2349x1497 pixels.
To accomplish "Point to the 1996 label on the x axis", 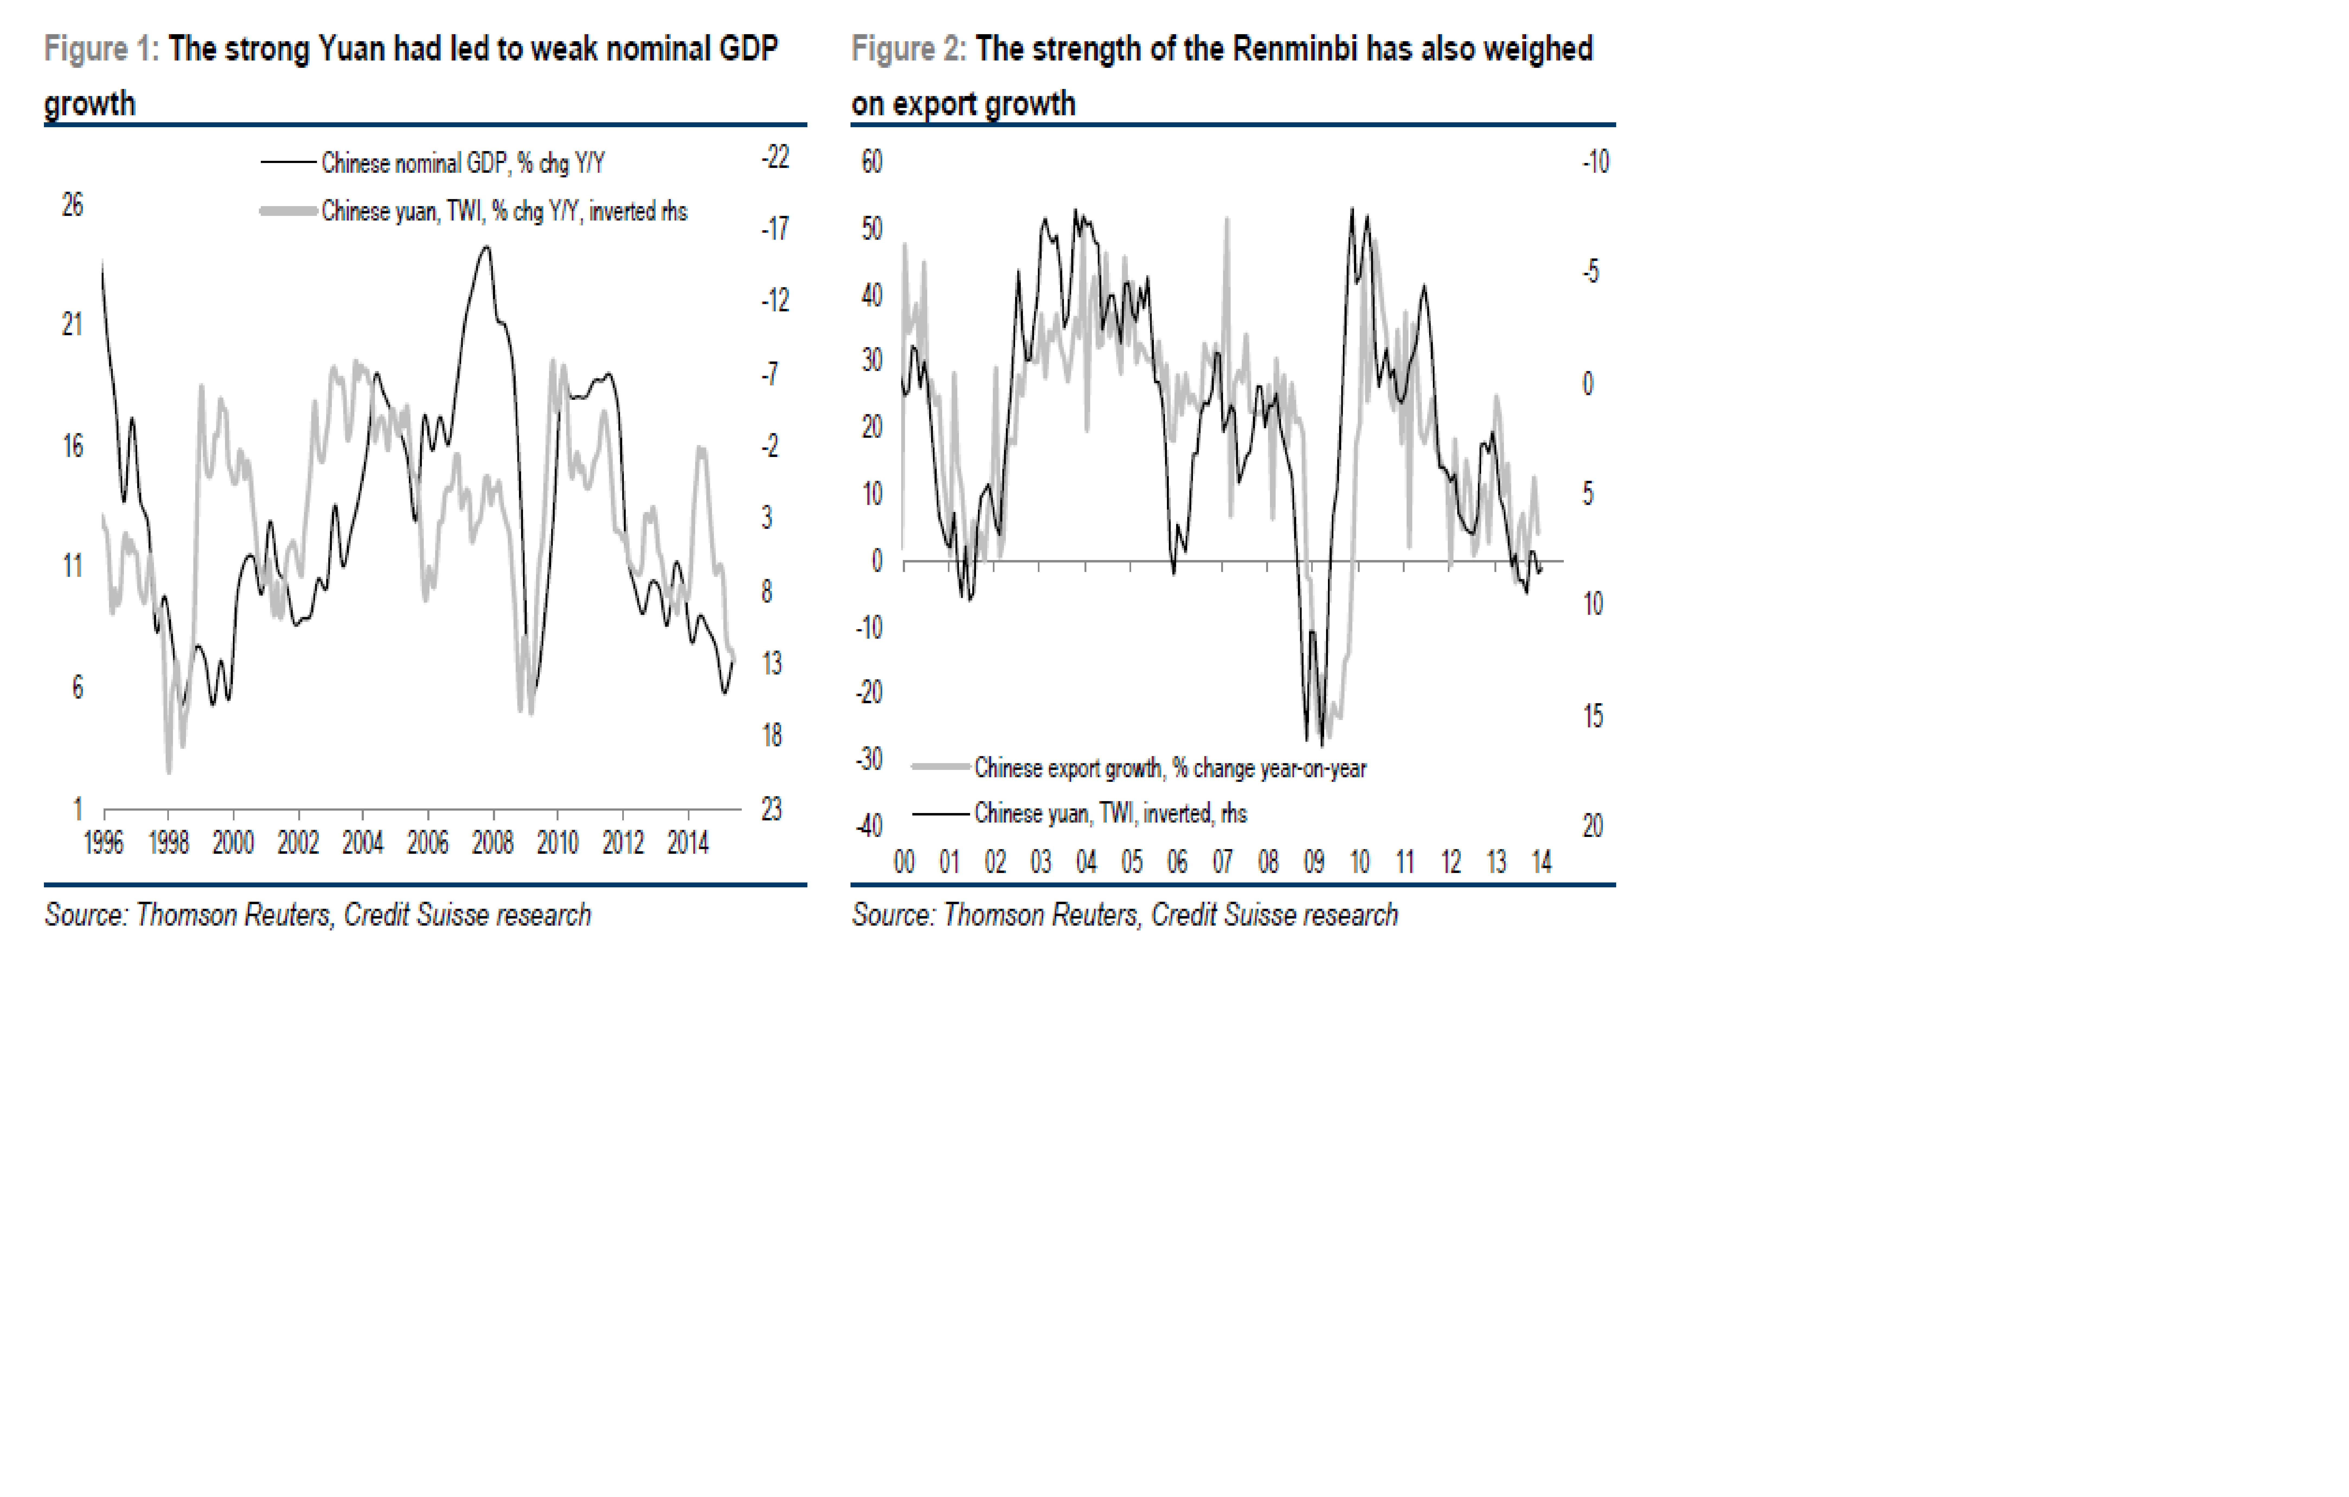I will pyautogui.click(x=103, y=842).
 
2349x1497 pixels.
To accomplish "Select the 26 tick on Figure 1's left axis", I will pyautogui.click(x=72, y=205).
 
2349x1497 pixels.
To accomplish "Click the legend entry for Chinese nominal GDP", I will pyautogui.click(x=462, y=163).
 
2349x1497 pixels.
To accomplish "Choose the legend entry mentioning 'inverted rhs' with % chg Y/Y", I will pyautogui.click(x=503, y=212).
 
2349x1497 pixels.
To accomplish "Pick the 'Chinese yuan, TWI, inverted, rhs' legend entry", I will pyautogui.click(x=1110, y=813).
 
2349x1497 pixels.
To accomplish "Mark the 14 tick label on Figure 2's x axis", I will pyautogui.click(x=1541, y=862).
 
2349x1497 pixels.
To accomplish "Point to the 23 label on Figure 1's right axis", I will pyautogui.click(x=772, y=809).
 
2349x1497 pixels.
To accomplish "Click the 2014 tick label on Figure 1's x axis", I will pyautogui.click(x=688, y=842).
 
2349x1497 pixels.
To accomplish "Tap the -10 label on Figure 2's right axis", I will pyautogui.click(x=1595, y=162).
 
